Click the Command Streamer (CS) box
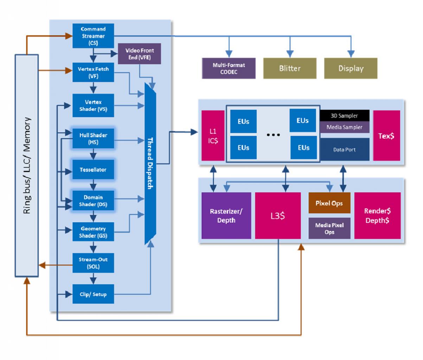click(93, 36)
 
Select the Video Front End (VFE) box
click(140, 54)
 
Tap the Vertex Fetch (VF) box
click(93, 72)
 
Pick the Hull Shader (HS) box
click(93, 139)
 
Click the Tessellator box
click(93, 169)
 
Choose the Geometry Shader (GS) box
click(93, 232)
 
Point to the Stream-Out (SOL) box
click(93, 263)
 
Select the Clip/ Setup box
click(93, 294)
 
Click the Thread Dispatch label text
click(150, 163)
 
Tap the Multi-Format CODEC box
click(229, 68)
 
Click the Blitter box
click(290, 68)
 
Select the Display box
click(351, 68)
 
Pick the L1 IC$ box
click(213, 135)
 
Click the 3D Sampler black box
click(345, 115)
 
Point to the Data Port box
click(345, 149)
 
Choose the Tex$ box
click(386, 135)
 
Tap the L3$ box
click(278, 216)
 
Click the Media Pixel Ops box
click(329, 228)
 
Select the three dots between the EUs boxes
click(274, 135)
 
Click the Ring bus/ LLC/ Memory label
click(27, 165)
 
